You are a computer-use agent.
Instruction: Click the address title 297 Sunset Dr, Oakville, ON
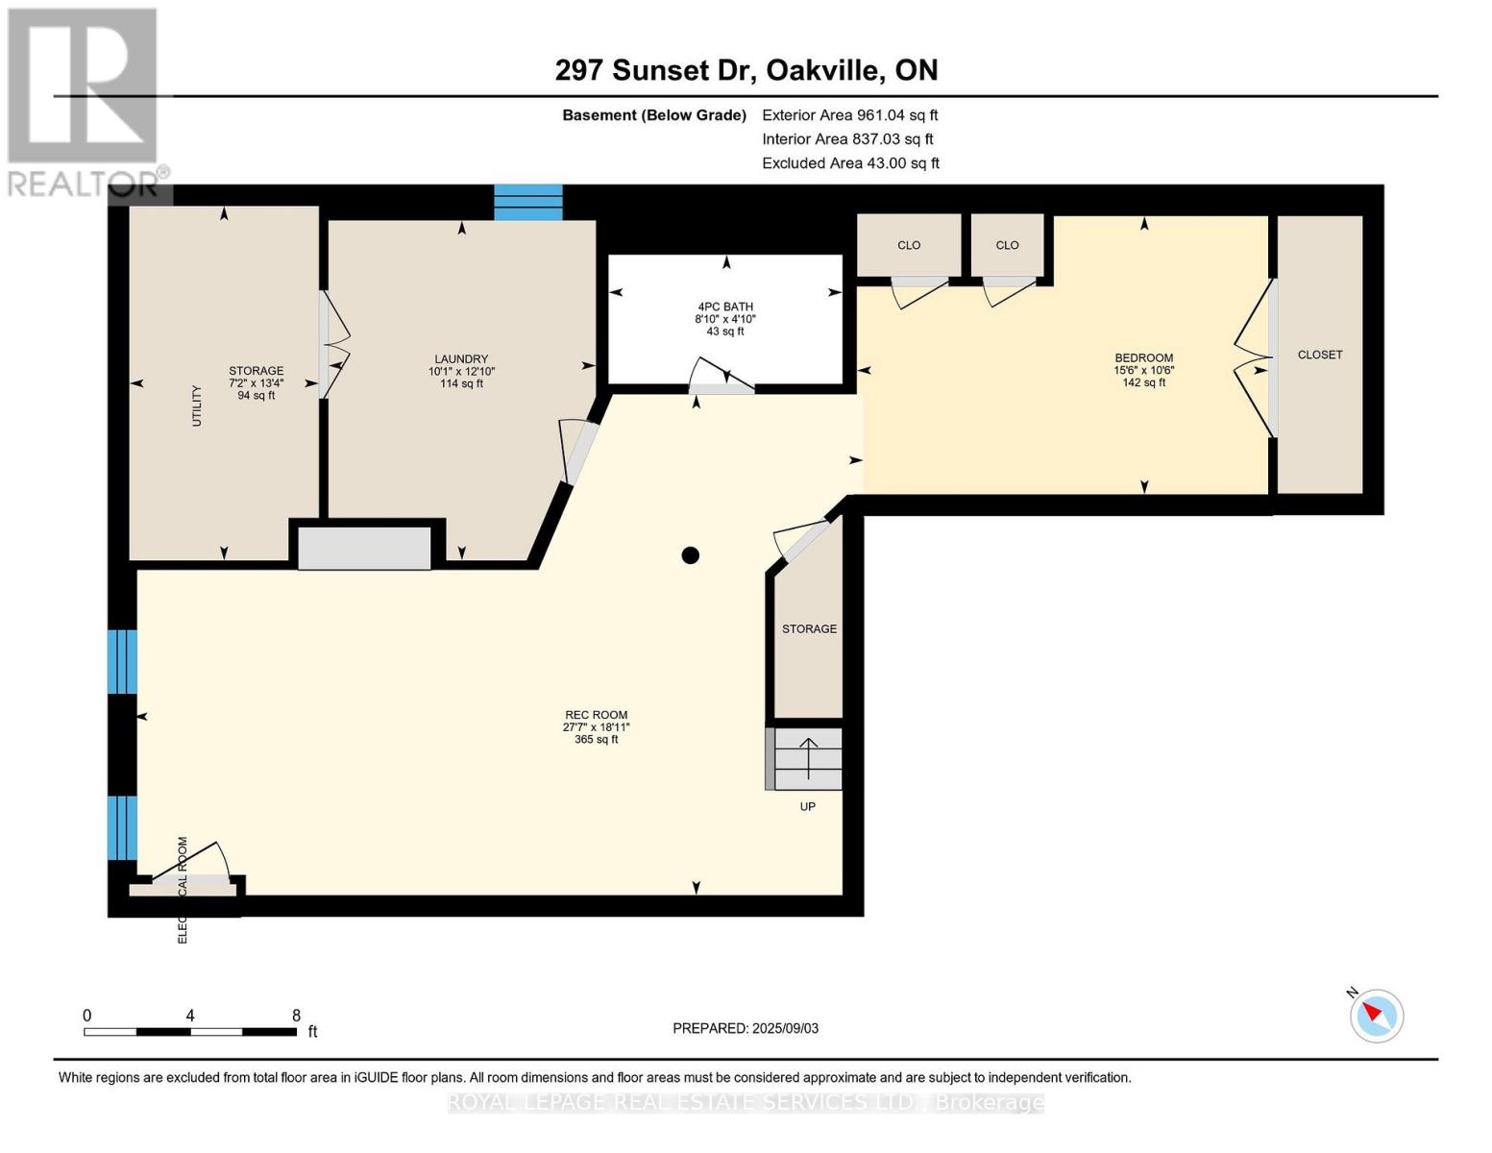click(746, 70)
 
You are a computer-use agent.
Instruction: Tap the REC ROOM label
click(596, 715)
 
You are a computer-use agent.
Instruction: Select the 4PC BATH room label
click(725, 307)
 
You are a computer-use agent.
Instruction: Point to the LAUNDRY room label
click(461, 359)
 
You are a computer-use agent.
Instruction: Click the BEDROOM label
click(1143, 357)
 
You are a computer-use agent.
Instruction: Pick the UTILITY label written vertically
click(197, 405)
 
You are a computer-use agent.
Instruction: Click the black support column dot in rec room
click(690, 554)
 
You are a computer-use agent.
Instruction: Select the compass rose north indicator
click(1376, 1015)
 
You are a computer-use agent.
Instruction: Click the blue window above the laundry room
click(527, 202)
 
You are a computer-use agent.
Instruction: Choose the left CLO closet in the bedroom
click(909, 245)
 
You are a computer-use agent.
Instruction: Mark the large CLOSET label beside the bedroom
click(1319, 355)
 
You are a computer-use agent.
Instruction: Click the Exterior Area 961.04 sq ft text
click(849, 115)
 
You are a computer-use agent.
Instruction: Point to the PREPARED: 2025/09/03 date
click(746, 1028)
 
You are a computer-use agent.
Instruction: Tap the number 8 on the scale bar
click(296, 1016)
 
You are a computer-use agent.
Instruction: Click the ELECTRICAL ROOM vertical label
click(183, 889)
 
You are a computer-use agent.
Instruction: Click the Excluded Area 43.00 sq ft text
click(850, 163)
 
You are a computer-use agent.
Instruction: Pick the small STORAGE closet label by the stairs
click(809, 628)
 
